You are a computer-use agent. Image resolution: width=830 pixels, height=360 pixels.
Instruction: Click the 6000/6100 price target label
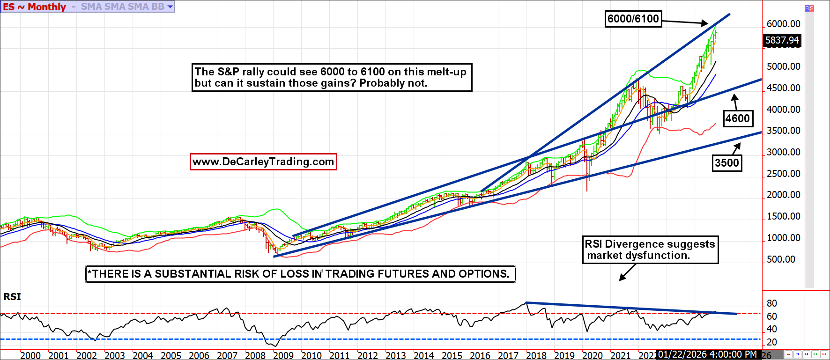click(633, 19)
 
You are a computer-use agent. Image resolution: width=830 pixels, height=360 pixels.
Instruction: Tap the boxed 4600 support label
click(738, 118)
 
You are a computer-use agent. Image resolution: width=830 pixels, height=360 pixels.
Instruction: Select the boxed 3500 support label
click(726, 163)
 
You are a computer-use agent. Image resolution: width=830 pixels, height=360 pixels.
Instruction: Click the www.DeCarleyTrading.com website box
click(263, 162)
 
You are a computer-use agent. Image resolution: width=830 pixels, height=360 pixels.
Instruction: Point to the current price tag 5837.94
click(782, 41)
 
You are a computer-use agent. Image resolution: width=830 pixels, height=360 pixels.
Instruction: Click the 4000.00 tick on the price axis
click(783, 110)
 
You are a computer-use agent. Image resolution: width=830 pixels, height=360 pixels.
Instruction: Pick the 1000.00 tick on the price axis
click(783, 238)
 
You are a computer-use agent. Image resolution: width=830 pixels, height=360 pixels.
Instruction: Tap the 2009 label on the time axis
click(283, 355)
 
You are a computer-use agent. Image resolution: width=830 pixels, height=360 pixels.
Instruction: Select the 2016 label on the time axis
click(480, 355)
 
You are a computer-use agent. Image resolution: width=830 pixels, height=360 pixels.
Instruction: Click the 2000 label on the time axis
click(30, 355)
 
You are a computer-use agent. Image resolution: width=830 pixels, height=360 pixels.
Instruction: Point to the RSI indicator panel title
click(12, 297)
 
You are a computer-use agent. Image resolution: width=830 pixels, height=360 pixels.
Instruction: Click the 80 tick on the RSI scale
click(772, 303)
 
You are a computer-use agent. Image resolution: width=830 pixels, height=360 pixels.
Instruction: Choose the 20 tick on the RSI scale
click(772, 342)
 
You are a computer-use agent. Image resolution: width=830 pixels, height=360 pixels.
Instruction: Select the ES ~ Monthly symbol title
click(34, 7)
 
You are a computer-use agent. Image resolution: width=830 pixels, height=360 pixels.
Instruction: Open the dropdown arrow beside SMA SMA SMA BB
click(170, 7)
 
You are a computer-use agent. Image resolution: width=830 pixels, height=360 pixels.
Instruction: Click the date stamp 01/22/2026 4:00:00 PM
click(707, 354)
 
